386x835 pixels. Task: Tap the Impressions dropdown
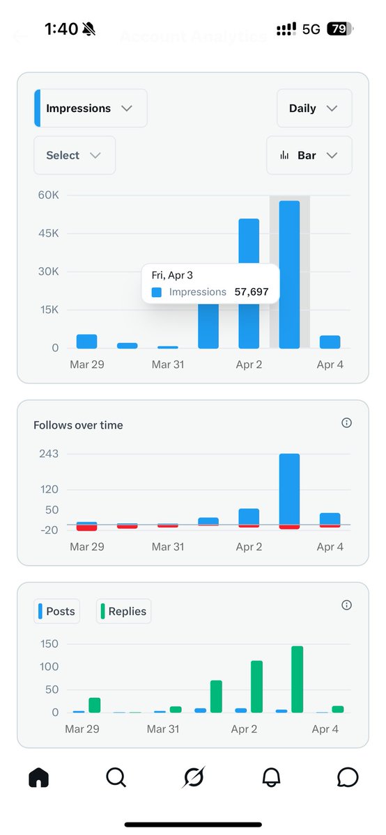(91, 109)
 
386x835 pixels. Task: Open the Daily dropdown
(314, 109)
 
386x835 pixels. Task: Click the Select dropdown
(74, 155)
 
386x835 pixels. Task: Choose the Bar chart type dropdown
(309, 155)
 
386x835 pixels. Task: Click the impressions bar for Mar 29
(86, 341)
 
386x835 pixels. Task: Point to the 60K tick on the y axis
(48, 195)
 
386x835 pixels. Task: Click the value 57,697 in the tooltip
(252, 292)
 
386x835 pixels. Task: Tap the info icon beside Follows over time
(346, 423)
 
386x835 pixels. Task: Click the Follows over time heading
(78, 425)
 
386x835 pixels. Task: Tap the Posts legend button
(56, 612)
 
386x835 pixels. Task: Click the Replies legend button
(123, 612)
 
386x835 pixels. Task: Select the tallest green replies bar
(298, 679)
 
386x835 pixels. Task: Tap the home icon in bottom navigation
(39, 777)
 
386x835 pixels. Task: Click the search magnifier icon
(116, 777)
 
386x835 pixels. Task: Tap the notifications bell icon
(271, 777)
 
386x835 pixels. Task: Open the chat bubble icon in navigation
(347, 777)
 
